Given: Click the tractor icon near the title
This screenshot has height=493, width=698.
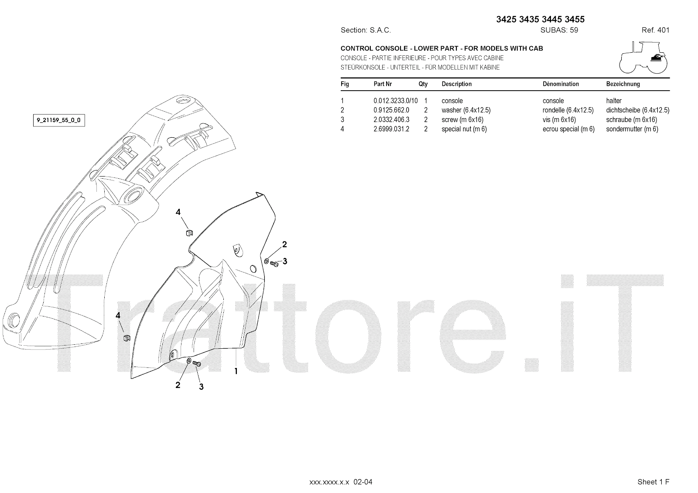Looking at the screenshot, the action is coord(643,58).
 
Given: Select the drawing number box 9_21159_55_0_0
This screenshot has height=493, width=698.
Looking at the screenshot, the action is coord(59,120).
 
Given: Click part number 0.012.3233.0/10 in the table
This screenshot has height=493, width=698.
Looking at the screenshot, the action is coord(395,101).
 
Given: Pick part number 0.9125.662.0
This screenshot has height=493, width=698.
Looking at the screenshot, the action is coord(391,110).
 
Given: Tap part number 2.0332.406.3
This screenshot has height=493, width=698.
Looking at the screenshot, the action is coord(391,119).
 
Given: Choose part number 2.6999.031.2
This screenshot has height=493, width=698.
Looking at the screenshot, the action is coord(391,129).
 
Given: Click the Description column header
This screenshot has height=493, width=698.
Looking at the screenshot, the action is coord(456,84).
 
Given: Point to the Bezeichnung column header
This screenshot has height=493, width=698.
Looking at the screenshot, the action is coord(623,84).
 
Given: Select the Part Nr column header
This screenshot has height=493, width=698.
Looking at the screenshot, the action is coord(383,84).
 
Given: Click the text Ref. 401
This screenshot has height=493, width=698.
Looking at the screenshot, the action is coord(655,30).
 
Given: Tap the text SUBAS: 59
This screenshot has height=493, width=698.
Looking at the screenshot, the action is coord(559,30).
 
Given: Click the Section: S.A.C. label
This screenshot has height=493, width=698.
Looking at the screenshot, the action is coord(366,30).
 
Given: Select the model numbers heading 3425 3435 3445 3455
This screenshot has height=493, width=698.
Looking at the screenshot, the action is coord(541,19).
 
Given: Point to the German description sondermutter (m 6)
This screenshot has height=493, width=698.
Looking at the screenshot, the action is coord(632,129).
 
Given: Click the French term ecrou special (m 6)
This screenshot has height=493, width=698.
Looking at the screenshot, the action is coord(568,129).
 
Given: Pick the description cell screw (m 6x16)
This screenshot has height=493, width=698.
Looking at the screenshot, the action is coord(462,119).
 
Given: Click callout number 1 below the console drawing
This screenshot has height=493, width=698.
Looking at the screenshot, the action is coord(236,371).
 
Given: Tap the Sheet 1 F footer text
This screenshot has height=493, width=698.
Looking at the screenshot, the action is coord(653,482).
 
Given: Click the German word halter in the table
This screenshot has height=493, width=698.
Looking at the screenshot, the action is coord(614,101).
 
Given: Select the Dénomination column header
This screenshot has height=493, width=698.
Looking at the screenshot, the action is coord(561,84).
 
